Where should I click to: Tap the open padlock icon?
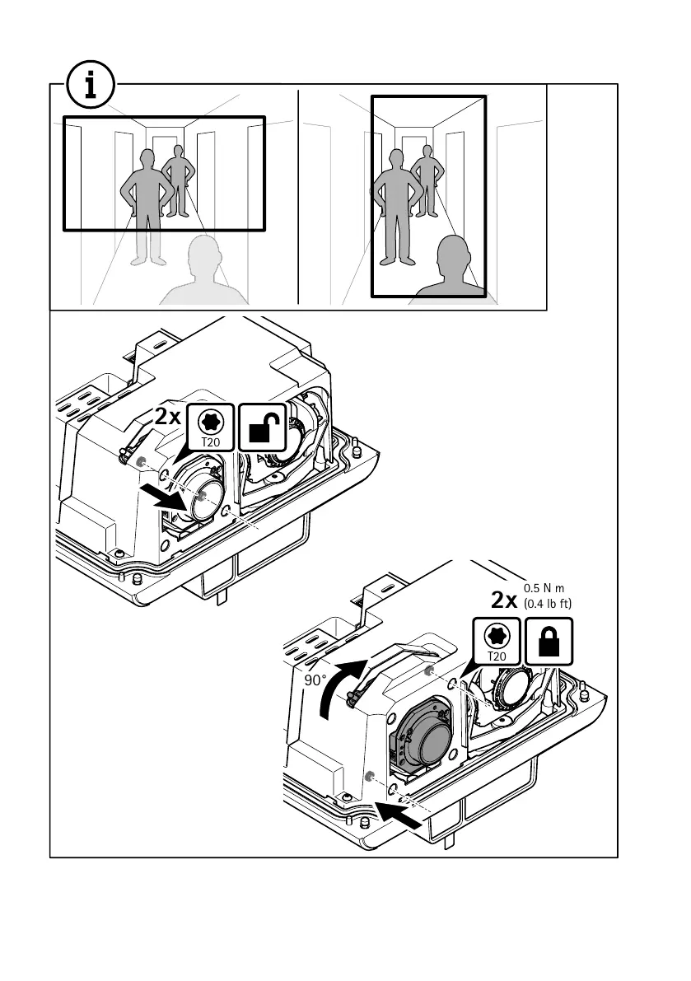point(263,426)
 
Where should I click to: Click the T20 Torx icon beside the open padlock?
point(212,426)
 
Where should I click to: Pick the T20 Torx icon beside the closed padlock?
point(497,642)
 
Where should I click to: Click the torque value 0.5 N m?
point(546,589)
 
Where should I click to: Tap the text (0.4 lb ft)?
point(548,605)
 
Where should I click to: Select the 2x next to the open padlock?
point(168,417)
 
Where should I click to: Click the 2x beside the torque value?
point(503,600)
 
